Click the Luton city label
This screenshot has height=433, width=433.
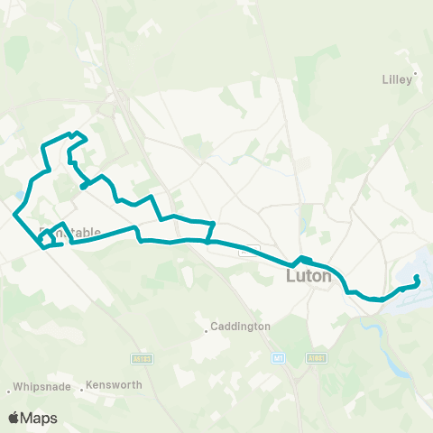(309, 277)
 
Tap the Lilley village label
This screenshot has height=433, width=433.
(396, 78)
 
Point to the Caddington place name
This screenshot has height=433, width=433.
(240, 327)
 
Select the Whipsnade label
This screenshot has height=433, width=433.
(39, 391)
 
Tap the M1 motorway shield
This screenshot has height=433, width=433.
(278, 357)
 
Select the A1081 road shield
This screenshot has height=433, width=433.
(316, 357)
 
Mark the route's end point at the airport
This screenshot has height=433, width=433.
(416, 278)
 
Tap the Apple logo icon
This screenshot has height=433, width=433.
(14, 418)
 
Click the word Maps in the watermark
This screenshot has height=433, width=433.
(40, 418)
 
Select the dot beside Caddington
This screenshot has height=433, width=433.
(207, 330)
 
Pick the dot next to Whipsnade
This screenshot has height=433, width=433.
(9, 391)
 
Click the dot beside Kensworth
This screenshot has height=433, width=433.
(82, 390)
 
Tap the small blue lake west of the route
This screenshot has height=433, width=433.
(20, 194)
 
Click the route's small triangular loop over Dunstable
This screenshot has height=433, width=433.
(54, 235)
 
